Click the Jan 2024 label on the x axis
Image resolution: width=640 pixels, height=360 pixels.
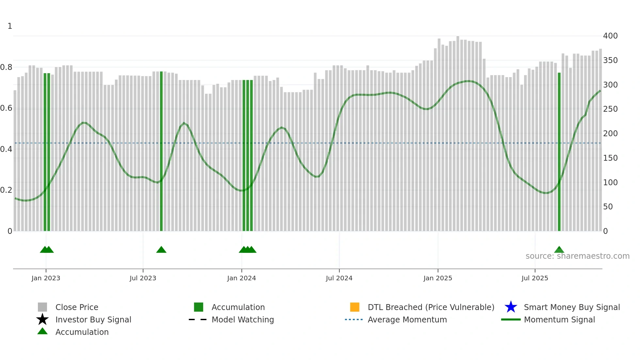coord(241,278)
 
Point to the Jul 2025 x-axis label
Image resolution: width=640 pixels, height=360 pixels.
coord(535,278)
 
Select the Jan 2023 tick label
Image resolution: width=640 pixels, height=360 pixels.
coord(46,278)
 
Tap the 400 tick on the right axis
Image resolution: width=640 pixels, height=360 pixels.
coord(610,36)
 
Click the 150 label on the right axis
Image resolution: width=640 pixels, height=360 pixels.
coord(610,158)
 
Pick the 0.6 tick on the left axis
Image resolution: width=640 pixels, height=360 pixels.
coord(6,108)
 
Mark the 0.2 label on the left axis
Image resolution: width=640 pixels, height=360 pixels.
coord(6,190)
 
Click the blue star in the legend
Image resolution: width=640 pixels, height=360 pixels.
coord(511,307)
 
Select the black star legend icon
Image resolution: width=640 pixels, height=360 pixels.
coord(42,319)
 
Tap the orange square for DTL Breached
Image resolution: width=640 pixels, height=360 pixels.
coord(355,307)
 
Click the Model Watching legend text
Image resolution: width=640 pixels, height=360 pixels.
coord(243,319)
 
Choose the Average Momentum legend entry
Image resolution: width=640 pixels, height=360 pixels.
coord(407,319)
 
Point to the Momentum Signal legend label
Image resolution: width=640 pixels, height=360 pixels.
coord(559,319)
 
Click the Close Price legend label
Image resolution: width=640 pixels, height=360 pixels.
coord(77,307)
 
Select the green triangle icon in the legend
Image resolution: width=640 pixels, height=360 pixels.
coord(42,331)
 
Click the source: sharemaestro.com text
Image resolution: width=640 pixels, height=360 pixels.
coord(577,256)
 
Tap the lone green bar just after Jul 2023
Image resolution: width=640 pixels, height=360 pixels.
coord(161,150)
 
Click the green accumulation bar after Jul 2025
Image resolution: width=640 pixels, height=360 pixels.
coord(559,150)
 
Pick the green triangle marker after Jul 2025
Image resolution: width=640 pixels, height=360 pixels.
coord(559,250)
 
